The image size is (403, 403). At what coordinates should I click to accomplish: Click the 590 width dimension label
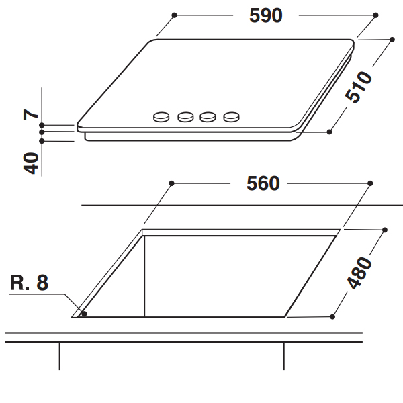[266, 15]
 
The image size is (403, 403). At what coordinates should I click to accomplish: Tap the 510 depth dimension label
[358, 87]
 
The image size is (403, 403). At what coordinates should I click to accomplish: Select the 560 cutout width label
[263, 183]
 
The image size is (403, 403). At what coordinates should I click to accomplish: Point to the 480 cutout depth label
[359, 272]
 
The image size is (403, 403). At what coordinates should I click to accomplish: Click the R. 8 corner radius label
[30, 283]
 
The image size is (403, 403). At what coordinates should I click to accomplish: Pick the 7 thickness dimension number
[31, 114]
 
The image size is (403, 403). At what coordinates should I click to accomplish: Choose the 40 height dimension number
[31, 163]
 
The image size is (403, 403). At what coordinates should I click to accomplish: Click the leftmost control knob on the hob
[161, 117]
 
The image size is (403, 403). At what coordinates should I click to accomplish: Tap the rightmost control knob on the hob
[231, 117]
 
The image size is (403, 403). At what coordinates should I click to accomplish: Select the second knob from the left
[185, 117]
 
